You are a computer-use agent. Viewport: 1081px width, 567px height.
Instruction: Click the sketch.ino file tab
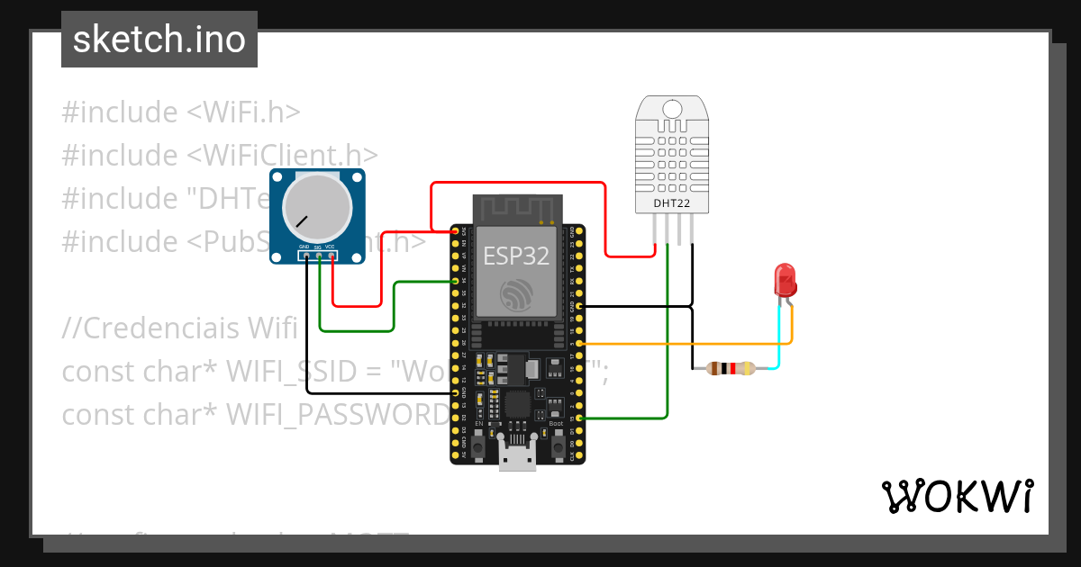coord(159,40)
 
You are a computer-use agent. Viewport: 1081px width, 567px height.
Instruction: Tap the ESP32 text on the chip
coord(516,256)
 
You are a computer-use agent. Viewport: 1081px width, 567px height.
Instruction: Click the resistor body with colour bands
coord(731,368)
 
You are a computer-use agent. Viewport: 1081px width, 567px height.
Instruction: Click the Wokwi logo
coord(957,496)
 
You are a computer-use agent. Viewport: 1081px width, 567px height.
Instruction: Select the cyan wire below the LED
coord(779,337)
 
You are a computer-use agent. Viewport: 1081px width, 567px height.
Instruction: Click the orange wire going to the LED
coord(685,344)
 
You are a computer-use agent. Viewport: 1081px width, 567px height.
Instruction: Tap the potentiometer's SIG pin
coord(319,256)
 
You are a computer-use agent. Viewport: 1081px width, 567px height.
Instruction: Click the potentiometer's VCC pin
coord(332,256)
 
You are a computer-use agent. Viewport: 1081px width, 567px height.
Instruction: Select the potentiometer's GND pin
coord(307,256)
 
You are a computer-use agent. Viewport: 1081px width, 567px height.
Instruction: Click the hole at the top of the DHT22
coord(673,110)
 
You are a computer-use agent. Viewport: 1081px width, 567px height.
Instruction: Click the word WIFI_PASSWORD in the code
coord(337,414)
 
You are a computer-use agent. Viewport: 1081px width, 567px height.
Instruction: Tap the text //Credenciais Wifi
coord(179,328)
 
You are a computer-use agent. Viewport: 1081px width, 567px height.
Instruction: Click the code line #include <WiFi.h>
coord(180,112)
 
